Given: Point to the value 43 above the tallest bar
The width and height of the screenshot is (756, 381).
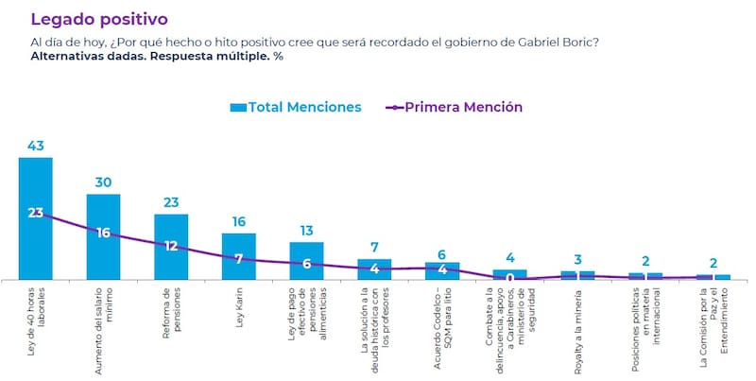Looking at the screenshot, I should click(x=36, y=146).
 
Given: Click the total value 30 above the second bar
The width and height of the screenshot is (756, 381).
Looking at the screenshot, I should click(x=103, y=182).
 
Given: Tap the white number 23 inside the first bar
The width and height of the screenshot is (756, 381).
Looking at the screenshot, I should click(x=36, y=213).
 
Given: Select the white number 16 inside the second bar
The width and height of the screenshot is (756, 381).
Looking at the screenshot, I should click(x=103, y=233).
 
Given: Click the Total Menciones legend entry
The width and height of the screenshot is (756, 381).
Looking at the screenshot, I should click(x=295, y=107).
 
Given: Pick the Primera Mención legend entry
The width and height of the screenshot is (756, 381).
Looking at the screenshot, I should click(x=455, y=107).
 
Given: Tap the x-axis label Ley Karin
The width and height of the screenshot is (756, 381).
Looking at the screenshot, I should click(x=239, y=309).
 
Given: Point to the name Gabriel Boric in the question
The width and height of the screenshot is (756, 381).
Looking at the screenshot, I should click(x=557, y=41).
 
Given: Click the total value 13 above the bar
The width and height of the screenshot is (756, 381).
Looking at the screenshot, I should click(x=307, y=230).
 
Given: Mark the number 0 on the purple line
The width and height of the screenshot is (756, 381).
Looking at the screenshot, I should click(x=510, y=279).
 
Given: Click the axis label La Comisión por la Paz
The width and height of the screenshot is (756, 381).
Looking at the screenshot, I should click(x=713, y=326).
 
